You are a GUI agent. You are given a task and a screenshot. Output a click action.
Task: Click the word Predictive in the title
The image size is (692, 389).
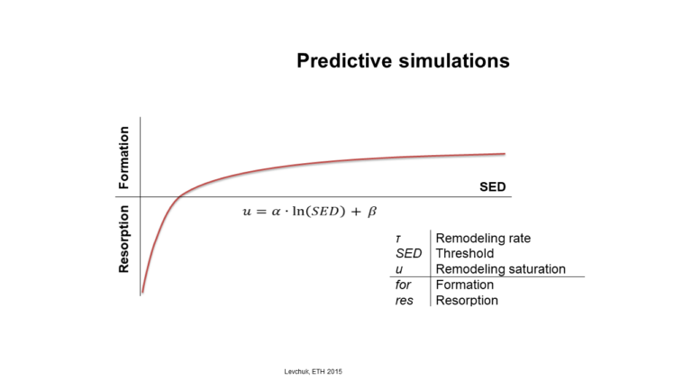tap(344, 60)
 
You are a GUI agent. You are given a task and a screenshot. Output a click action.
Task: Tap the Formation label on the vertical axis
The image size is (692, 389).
tap(124, 158)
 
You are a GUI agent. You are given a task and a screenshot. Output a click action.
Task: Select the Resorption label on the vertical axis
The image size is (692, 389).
tap(124, 239)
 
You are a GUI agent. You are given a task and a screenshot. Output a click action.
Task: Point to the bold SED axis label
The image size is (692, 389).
tap(493, 187)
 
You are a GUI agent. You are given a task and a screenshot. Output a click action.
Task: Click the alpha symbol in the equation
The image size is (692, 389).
tap(277, 212)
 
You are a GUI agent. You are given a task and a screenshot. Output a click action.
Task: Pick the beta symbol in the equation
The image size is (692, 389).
tap(372, 212)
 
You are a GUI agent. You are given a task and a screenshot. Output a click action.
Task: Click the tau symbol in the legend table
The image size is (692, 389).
tap(398, 239)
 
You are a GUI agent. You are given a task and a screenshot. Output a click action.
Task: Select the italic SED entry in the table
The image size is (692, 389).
tap(409, 254)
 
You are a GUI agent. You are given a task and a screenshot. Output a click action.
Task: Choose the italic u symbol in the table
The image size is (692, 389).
tap(399, 269)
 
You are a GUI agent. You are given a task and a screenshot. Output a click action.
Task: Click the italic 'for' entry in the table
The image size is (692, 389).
tap(403, 285)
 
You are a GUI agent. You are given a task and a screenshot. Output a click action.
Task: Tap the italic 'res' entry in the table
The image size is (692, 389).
tap(405, 301)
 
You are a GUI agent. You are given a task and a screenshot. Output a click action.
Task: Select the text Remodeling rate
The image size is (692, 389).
tap(483, 238)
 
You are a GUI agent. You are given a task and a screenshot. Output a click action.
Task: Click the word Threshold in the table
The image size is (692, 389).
tap(465, 254)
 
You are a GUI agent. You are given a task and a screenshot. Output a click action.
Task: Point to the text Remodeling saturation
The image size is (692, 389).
tap(501, 269)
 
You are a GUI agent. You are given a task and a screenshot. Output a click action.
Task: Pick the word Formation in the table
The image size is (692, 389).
tap(465, 285)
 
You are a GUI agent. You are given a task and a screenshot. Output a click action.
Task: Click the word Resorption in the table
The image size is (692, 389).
tap(467, 301)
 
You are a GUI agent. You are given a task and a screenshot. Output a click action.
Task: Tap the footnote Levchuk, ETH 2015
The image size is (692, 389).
tap(314, 372)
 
